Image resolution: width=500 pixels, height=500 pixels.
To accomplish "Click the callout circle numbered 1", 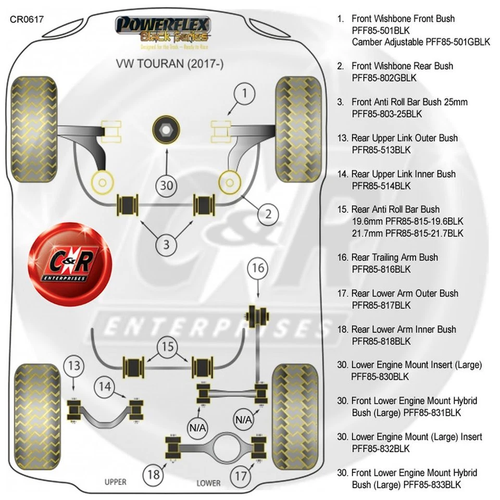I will (246, 94).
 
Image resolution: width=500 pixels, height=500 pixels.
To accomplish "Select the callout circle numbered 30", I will (166, 185).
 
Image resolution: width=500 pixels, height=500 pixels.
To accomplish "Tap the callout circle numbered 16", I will (258, 269).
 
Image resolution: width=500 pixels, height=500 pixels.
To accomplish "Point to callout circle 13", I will (74, 366).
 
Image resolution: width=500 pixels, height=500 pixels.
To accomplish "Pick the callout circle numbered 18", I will (153, 474).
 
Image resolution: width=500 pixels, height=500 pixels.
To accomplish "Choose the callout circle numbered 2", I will (268, 213).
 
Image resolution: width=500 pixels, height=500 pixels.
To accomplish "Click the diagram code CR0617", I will (27, 20).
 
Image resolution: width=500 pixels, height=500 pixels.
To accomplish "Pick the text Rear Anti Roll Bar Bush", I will (395, 209).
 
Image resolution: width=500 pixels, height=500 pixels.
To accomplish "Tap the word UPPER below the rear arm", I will (115, 482).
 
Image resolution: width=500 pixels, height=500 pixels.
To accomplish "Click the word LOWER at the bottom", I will (208, 483).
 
